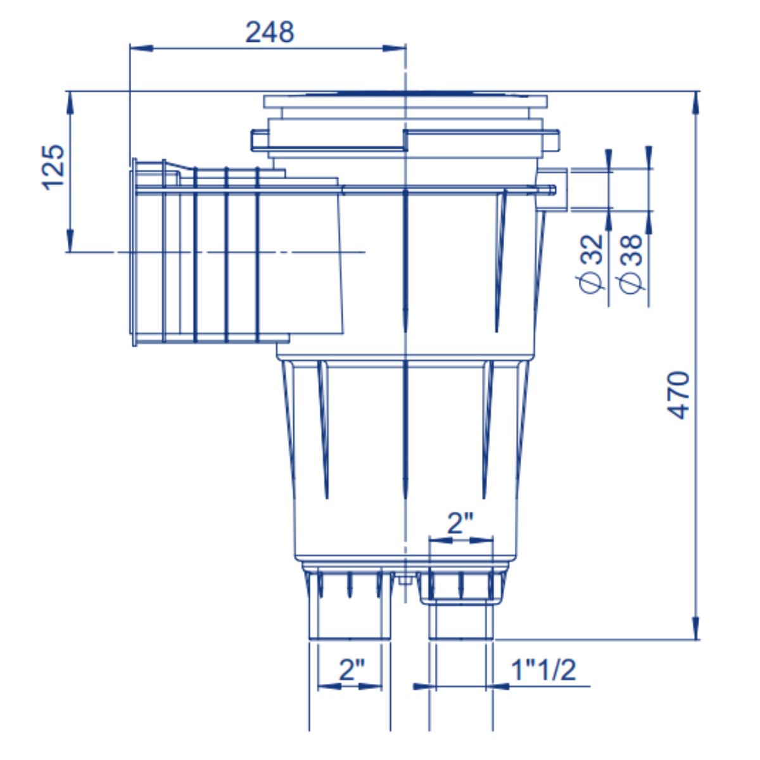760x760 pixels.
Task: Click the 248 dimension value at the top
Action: (x=270, y=32)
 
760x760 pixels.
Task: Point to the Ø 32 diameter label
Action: (x=591, y=263)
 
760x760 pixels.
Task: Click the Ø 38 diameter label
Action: (x=631, y=263)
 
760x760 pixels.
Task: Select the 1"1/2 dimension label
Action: (x=543, y=669)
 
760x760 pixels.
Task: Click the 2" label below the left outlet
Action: (x=351, y=669)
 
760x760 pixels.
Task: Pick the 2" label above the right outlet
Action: (x=460, y=524)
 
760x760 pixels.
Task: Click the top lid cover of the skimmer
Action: (x=405, y=101)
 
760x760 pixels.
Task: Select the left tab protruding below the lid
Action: (x=260, y=140)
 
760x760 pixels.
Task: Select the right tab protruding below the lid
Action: (x=552, y=140)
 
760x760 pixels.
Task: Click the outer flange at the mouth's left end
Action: (x=134, y=252)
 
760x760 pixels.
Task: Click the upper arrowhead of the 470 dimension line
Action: (x=697, y=101)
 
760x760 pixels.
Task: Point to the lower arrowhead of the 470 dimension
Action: (x=697, y=630)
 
